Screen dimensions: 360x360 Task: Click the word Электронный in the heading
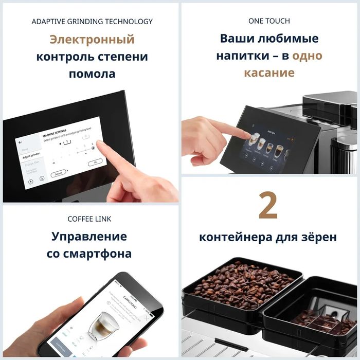tap(92, 40)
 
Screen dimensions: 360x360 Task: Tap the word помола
tap(92, 74)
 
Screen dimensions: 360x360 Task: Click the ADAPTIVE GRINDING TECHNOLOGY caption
tap(92, 22)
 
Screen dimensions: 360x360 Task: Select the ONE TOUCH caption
tap(269, 21)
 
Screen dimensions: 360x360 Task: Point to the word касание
tap(269, 73)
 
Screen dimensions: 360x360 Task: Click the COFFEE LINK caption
tap(89, 219)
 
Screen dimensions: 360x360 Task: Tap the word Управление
tap(89, 237)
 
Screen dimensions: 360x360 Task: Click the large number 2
tap(268, 206)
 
